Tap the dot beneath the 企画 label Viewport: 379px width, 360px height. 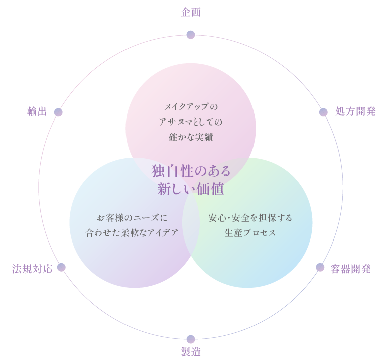click(x=191, y=35)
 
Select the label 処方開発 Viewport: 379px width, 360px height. click(x=355, y=112)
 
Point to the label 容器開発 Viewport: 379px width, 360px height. click(x=351, y=269)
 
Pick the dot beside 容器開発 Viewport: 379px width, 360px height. click(x=320, y=267)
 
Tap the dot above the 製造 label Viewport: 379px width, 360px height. click(x=191, y=339)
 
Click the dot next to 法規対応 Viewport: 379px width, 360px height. click(x=61, y=267)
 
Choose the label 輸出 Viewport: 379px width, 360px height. click(x=37, y=112)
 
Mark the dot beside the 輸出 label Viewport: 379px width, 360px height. click(x=58, y=112)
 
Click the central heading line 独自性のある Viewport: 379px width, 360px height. click(x=191, y=171)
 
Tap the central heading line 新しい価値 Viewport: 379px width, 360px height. click(x=191, y=189)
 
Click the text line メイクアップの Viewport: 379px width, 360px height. click(x=191, y=107)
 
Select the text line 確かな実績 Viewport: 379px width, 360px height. click(x=191, y=136)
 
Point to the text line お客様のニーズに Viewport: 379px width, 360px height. click(x=132, y=218)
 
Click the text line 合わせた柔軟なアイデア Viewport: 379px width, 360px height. click(x=132, y=233)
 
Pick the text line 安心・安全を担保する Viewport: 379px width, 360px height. click(x=250, y=218)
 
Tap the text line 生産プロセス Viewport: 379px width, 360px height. click(x=250, y=233)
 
